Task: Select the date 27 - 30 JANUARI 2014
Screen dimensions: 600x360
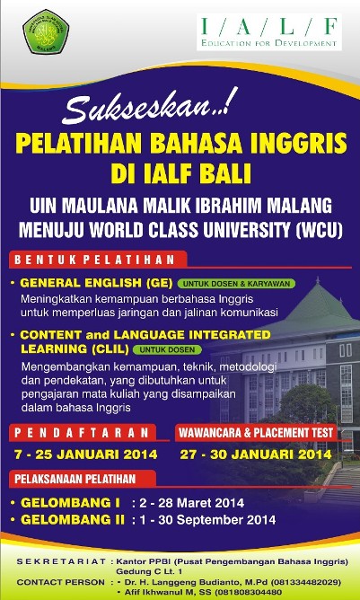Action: click(259, 454)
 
